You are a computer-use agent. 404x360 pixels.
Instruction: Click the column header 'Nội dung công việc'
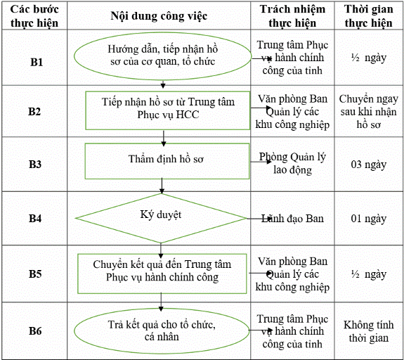[x=159, y=16]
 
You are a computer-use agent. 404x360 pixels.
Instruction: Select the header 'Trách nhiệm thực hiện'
[x=292, y=16]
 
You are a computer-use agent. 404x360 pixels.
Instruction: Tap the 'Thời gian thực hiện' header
[x=369, y=16]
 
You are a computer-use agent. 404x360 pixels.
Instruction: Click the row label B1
[x=37, y=62]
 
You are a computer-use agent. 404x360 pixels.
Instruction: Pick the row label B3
[x=35, y=164]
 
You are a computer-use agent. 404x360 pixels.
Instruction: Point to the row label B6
[x=35, y=331]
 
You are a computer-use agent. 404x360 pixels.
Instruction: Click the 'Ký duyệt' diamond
[x=161, y=218]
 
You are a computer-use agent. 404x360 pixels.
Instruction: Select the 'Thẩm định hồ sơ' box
[x=167, y=161]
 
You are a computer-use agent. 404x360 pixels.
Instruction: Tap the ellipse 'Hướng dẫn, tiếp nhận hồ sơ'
[x=162, y=56]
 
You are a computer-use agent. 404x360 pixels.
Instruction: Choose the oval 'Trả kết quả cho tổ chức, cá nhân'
[x=162, y=331]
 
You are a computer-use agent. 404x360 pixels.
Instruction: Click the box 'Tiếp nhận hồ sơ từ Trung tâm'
[x=168, y=110]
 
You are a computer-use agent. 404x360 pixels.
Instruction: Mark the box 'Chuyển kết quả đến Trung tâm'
[x=162, y=274]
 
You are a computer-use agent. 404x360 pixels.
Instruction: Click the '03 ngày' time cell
[x=369, y=165]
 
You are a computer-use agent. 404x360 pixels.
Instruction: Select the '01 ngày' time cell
[x=369, y=219]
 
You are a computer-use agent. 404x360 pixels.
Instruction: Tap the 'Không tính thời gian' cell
[x=369, y=331]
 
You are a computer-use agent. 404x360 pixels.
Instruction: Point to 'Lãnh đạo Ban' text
[x=292, y=219]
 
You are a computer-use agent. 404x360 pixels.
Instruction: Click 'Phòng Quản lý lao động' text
[x=292, y=164]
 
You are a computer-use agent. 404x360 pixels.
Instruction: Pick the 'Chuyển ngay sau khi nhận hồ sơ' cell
[x=369, y=111]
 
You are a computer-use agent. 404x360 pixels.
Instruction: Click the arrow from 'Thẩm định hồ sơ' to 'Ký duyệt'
[x=162, y=186]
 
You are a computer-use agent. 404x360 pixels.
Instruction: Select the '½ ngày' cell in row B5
[x=369, y=274]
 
